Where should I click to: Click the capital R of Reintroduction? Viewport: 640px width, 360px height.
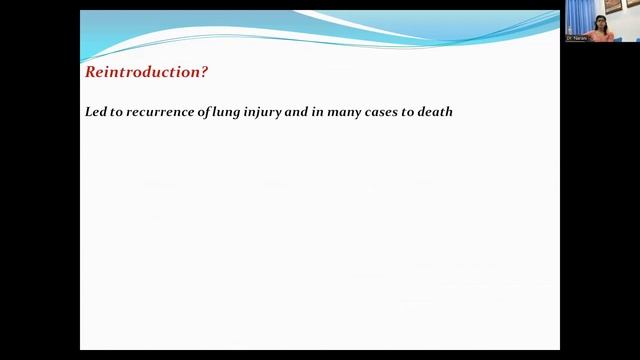[x=90, y=72]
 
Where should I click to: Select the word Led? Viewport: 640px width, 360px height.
[x=96, y=112]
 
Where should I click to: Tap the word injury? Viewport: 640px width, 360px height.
[x=269, y=112]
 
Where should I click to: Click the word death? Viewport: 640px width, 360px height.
[x=436, y=112]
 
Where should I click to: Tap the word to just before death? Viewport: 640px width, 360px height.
[x=413, y=112]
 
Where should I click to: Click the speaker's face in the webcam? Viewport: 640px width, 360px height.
[x=602, y=21]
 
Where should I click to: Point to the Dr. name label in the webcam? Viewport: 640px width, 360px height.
[x=576, y=39]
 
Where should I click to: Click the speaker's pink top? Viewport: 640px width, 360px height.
[x=602, y=35]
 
